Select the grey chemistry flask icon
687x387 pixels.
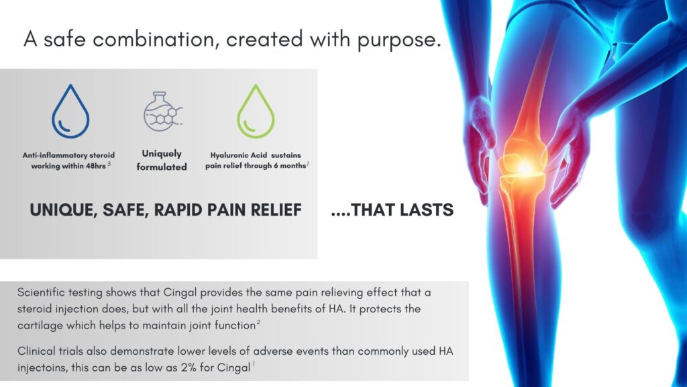162,112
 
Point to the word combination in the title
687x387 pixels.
155,39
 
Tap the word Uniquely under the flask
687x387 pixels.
162,154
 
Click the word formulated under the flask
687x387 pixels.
162,167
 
